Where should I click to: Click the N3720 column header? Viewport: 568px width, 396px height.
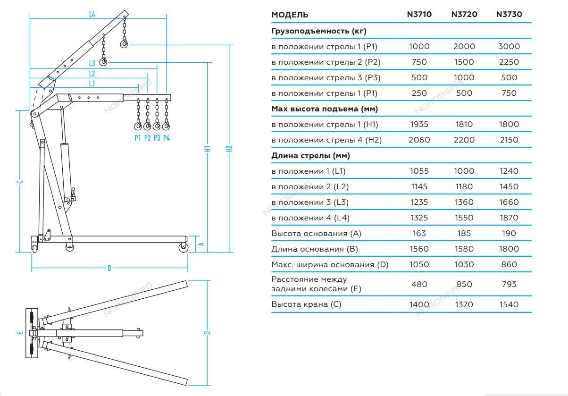click(x=464, y=15)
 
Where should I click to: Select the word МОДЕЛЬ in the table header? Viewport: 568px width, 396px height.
click(x=290, y=15)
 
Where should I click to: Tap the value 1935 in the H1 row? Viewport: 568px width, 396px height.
click(x=419, y=125)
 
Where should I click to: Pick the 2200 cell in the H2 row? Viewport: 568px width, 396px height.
click(x=464, y=140)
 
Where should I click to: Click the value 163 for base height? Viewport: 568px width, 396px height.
click(x=419, y=234)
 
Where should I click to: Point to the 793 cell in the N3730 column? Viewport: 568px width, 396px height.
click(x=509, y=284)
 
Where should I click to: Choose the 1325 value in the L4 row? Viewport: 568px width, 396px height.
click(x=419, y=218)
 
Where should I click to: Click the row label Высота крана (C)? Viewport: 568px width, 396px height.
click(x=306, y=304)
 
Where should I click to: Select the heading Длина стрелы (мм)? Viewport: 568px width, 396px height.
click(x=310, y=156)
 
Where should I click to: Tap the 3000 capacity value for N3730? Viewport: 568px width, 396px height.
click(x=509, y=47)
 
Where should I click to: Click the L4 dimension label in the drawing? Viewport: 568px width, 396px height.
click(x=92, y=15)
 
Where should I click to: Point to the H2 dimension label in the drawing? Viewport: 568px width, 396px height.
click(x=229, y=148)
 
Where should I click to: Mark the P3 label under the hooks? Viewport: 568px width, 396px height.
click(x=157, y=138)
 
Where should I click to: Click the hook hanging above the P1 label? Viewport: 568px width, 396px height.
click(x=138, y=126)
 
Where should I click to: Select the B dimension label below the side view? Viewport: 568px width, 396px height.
click(x=109, y=268)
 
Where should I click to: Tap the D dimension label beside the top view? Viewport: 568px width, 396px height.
click(x=207, y=333)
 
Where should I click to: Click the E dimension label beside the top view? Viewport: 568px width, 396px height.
click(x=19, y=333)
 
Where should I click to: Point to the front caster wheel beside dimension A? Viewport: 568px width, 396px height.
click(x=182, y=247)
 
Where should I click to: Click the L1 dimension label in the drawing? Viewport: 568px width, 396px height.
click(x=92, y=84)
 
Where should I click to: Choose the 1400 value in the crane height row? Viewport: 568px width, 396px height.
click(x=419, y=304)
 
